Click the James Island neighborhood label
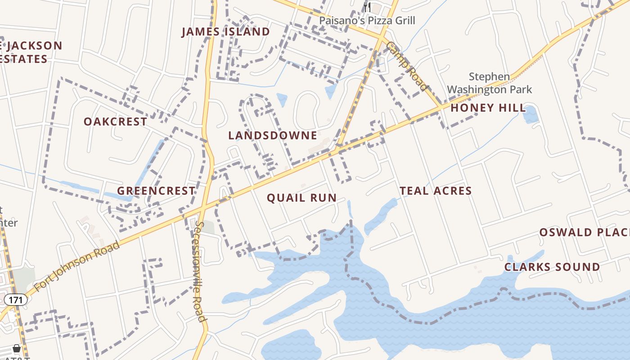point(225,32)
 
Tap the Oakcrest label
point(115,121)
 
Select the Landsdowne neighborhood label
point(273,135)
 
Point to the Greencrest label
point(156,191)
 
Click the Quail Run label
point(301,198)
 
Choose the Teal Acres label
point(436,191)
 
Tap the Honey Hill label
point(488,108)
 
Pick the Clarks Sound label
point(552,267)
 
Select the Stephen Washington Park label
point(490,83)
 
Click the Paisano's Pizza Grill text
point(367,21)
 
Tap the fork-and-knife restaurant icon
point(367,6)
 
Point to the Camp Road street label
point(406,66)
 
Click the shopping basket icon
point(17,348)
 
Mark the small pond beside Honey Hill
point(530,115)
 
